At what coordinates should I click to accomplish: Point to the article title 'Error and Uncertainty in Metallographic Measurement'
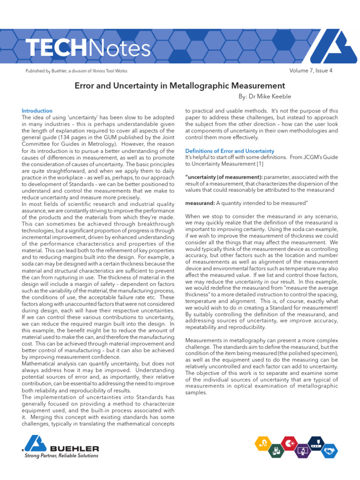(180, 86)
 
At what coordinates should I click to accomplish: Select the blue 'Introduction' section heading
(37, 111)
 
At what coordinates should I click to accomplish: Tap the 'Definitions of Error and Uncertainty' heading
(230, 151)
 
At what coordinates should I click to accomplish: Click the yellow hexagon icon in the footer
(263, 443)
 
